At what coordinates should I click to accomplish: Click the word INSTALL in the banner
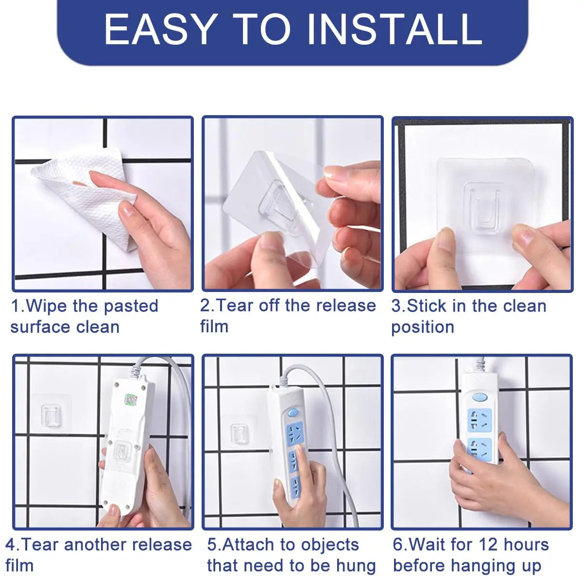coord(395,30)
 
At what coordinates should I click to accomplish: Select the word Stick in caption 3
coord(427,306)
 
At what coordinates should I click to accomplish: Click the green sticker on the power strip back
coord(131,400)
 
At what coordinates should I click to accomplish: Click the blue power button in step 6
coord(480,397)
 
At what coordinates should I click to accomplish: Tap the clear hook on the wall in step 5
coord(240,433)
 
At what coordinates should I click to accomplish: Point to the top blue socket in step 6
coord(480,421)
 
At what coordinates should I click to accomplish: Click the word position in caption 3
coord(423,327)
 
